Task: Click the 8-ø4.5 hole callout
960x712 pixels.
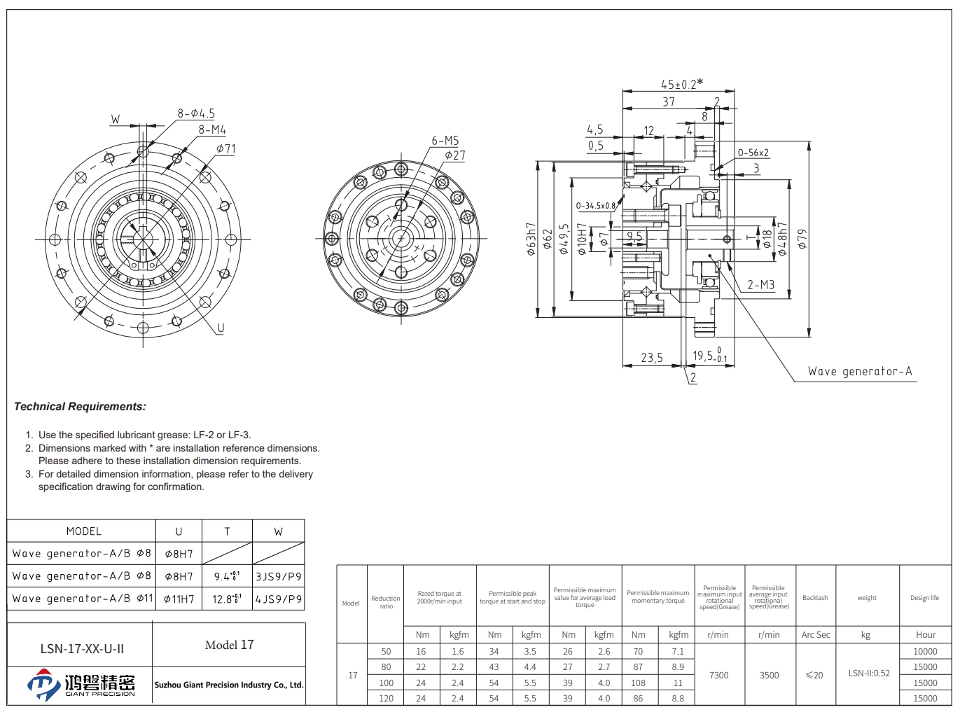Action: pyautogui.click(x=196, y=113)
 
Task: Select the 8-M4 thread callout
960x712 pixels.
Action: pyautogui.click(x=212, y=130)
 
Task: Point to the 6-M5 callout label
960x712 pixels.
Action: pyautogui.click(x=445, y=141)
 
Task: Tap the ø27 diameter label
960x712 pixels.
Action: pyautogui.click(x=454, y=155)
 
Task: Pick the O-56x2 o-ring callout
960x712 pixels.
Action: pyautogui.click(x=753, y=153)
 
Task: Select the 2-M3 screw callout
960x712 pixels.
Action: pyautogui.click(x=760, y=285)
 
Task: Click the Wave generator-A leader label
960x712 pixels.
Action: pyautogui.click(x=860, y=372)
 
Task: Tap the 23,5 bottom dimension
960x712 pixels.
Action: pyautogui.click(x=651, y=358)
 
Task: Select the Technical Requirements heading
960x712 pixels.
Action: pyautogui.click(x=80, y=407)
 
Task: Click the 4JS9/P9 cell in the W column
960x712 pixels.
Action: pyautogui.click(x=278, y=599)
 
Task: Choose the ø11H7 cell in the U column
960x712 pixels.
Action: pyautogui.click(x=179, y=599)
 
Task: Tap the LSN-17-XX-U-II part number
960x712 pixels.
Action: pyautogui.click(x=82, y=649)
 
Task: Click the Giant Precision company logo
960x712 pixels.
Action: pyautogui.click(x=81, y=685)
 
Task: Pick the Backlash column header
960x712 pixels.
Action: pyautogui.click(x=815, y=598)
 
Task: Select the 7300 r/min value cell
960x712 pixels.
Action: pyautogui.click(x=719, y=676)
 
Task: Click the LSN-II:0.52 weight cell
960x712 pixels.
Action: pyautogui.click(x=869, y=673)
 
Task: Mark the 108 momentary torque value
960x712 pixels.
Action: pyautogui.click(x=638, y=683)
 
